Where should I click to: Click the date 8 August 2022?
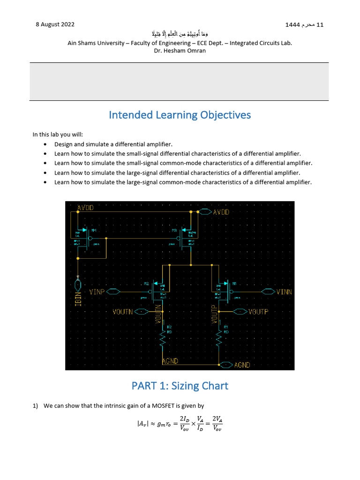coord(55,24)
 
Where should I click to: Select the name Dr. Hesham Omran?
coord(180,51)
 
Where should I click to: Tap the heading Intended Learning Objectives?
coord(180,115)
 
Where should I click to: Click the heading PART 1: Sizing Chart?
coord(180,386)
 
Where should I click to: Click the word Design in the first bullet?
coord(64,145)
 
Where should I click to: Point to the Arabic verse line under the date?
coord(180,34)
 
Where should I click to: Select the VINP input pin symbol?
coord(114,292)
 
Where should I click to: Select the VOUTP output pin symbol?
coord(240,311)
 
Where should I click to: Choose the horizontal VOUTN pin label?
coord(123,311)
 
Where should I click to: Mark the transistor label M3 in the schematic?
coord(174,231)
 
